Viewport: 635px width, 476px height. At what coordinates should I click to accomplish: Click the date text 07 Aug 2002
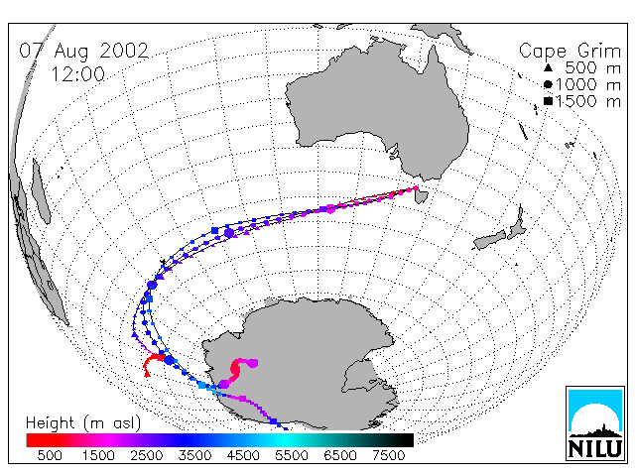coord(84,51)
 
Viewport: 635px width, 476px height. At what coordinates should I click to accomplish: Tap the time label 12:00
coord(77,74)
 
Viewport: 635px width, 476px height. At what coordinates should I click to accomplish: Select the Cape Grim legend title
coord(570,52)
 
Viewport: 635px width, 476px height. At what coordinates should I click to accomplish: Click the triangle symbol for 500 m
coord(548,67)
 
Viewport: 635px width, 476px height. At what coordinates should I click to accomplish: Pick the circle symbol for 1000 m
coord(548,84)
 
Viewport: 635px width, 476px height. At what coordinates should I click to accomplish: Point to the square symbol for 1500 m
coord(548,101)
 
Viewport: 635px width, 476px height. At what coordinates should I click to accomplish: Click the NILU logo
coord(595,423)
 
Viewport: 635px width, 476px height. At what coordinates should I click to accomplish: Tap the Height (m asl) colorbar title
coord(83,423)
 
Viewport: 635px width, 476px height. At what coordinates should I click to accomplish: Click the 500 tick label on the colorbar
coord(50,455)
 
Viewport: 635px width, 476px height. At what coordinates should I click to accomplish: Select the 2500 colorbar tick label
coord(147,455)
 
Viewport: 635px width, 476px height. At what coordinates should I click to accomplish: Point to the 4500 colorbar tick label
coord(243,455)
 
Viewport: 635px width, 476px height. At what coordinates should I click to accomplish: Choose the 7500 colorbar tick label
coord(388,455)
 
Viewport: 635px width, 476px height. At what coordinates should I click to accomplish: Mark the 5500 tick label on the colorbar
coord(292,455)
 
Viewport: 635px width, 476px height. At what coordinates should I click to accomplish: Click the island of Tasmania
coord(422,196)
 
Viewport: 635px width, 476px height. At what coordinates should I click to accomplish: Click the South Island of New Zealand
coord(489,240)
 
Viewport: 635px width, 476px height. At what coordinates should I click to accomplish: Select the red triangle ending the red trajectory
coord(148,374)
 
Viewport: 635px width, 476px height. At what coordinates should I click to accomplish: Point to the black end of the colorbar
coord(401,440)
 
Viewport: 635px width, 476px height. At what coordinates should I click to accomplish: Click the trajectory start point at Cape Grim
coord(416,188)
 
